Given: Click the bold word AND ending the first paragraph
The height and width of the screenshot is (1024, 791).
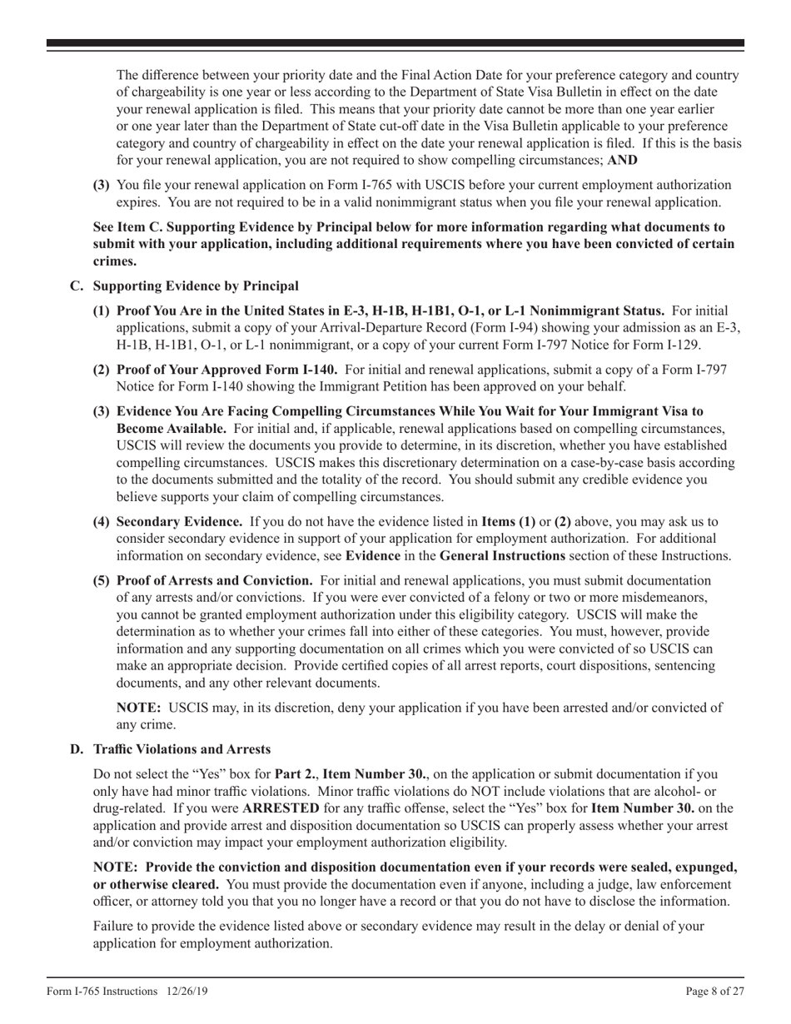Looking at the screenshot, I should (x=623, y=160).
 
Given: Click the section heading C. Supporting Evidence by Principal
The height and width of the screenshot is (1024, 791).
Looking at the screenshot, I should (x=185, y=286).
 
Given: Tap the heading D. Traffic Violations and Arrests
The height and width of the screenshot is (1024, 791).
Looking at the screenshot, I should (x=171, y=749).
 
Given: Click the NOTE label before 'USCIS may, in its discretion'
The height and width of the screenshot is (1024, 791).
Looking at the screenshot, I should (x=140, y=708).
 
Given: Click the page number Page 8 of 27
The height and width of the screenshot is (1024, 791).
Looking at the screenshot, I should (x=714, y=992).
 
